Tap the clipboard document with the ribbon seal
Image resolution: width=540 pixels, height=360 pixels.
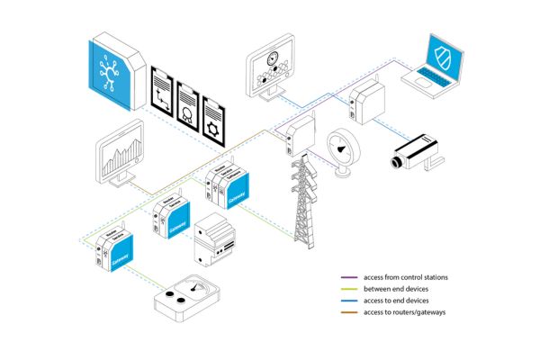[x=189, y=107]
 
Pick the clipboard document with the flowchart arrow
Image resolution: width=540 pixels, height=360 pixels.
[x=163, y=92]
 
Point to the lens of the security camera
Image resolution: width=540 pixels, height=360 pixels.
[x=396, y=162]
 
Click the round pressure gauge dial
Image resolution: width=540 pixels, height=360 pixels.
[x=345, y=148]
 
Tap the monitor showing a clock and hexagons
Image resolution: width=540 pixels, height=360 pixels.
[x=270, y=65]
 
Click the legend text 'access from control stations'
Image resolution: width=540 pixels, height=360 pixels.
[x=405, y=276]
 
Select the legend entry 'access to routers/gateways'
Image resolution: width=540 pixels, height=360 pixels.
[x=403, y=310]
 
